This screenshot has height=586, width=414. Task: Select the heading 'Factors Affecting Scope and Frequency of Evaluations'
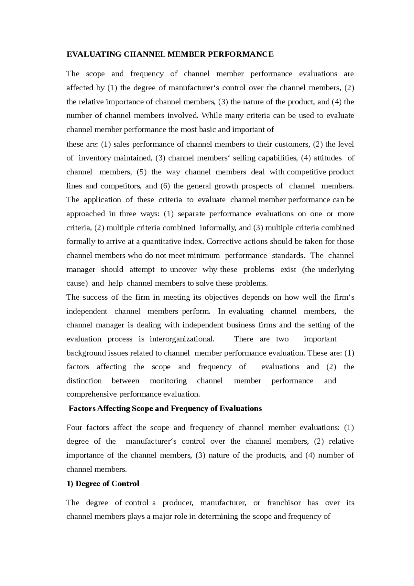pyautogui.click(x=165, y=408)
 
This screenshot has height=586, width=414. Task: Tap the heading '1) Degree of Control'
pyautogui.click(x=103, y=483)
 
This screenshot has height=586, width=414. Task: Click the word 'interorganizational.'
pyautogui.click(x=182, y=339)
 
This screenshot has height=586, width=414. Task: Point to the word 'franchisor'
pyautogui.click(x=284, y=503)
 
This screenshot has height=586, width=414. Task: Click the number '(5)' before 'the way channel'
pyautogui.click(x=142, y=172)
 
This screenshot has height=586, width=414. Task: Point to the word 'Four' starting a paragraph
pyautogui.click(x=74, y=427)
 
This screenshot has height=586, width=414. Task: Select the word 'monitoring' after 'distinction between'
pyautogui.click(x=168, y=381)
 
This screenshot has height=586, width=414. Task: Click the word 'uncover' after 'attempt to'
pyautogui.click(x=183, y=270)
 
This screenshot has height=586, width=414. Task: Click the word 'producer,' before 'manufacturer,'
pyautogui.click(x=178, y=503)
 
